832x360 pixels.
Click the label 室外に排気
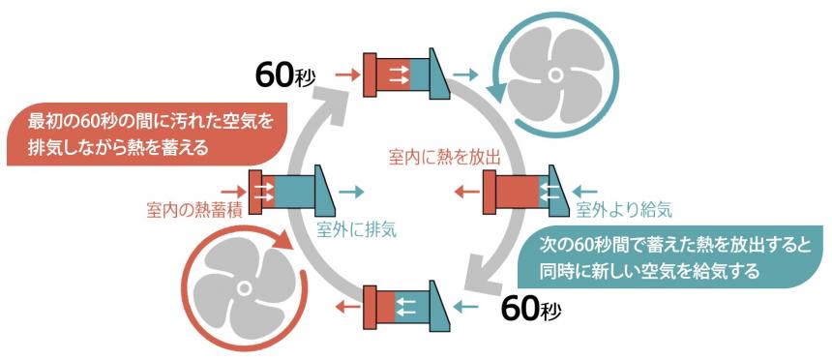pos(357,229)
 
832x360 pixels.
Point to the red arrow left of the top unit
pos(342,73)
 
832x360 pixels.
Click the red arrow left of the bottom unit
pos(342,308)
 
